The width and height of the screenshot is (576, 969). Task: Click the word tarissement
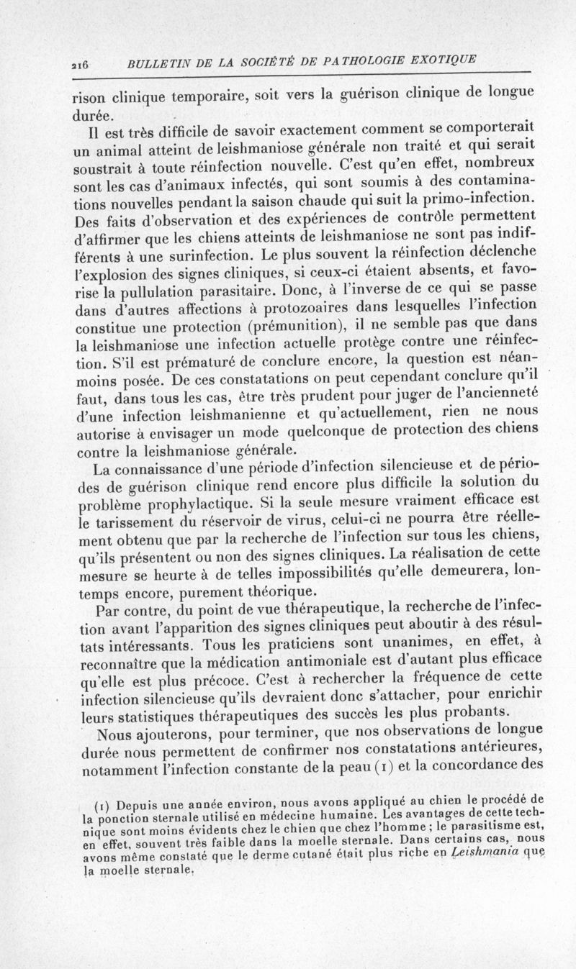tap(127, 535)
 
